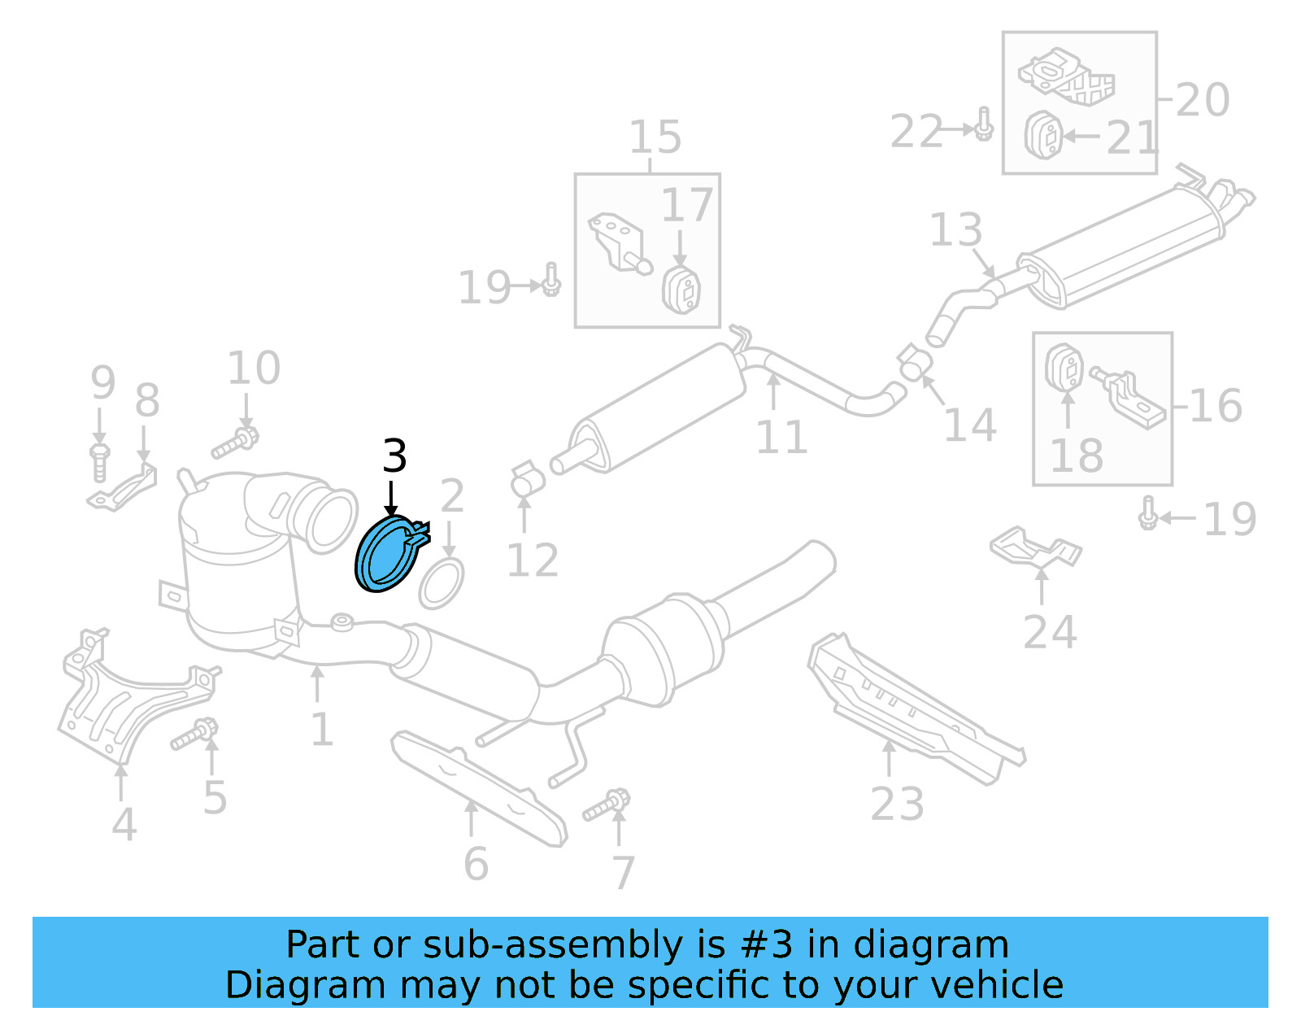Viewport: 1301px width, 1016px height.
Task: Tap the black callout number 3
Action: coord(394,456)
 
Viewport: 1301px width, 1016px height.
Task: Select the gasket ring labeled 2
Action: coord(441,583)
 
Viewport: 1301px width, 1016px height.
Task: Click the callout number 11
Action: coord(781,438)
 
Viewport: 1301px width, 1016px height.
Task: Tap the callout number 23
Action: coord(897,805)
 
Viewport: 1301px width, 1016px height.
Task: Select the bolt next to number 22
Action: coord(984,124)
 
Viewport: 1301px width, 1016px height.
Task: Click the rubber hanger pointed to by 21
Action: coord(1043,136)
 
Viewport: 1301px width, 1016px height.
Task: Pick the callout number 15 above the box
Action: coord(655,137)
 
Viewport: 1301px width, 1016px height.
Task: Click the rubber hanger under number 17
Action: coord(681,289)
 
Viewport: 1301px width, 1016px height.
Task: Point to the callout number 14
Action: coord(970,425)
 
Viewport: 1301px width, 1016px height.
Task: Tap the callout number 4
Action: coord(124,825)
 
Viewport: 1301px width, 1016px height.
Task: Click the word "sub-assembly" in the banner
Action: coord(552,945)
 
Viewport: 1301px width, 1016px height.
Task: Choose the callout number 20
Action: coord(1203,100)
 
